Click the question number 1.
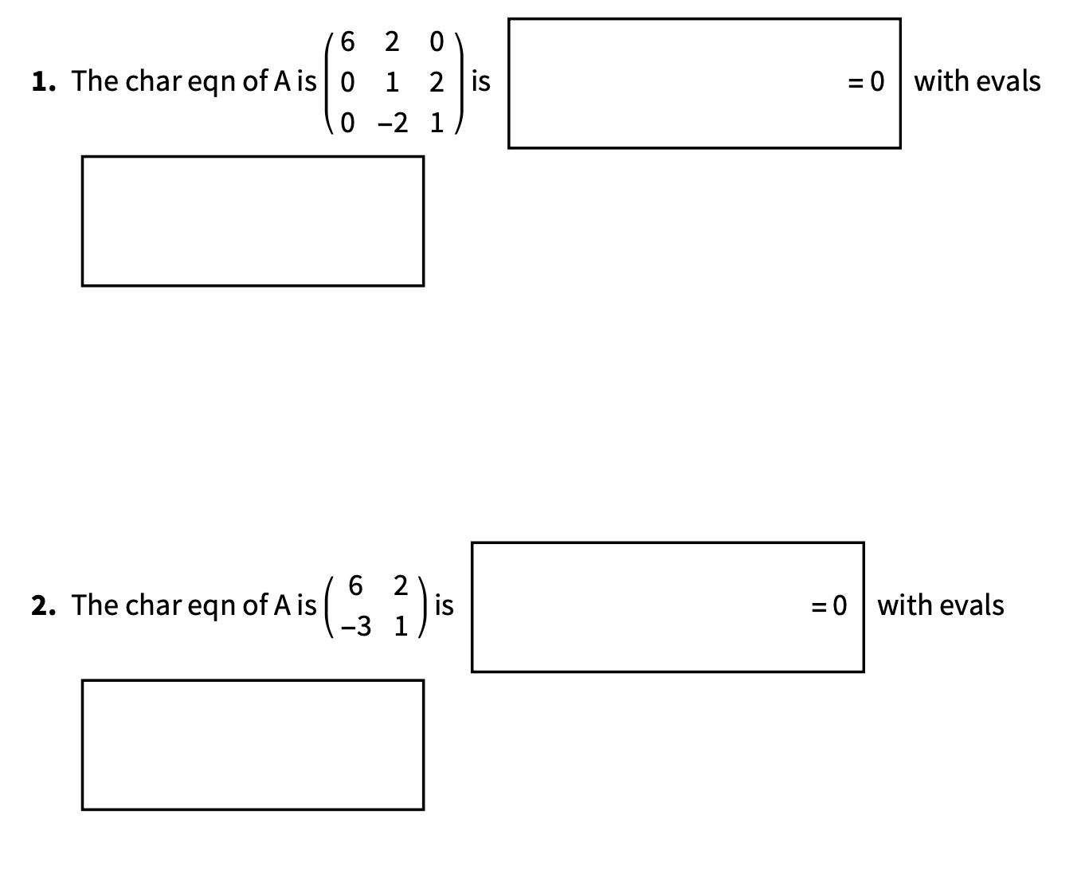coord(42,81)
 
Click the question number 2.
coord(43,605)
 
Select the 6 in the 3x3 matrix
coord(347,41)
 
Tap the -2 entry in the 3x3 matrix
coord(393,123)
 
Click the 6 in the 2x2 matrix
coord(356,585)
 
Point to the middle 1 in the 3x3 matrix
coord(392,82)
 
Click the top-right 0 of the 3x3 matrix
coord(436,41)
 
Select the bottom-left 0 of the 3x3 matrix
coord(347,123)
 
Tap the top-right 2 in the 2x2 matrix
coord(401,585)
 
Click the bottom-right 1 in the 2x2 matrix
coord(401,627)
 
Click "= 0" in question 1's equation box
coord(865,81)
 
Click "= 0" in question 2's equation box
coord(828,605)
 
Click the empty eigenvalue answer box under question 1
coord(253,221)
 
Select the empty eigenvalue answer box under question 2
coord(253,745)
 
